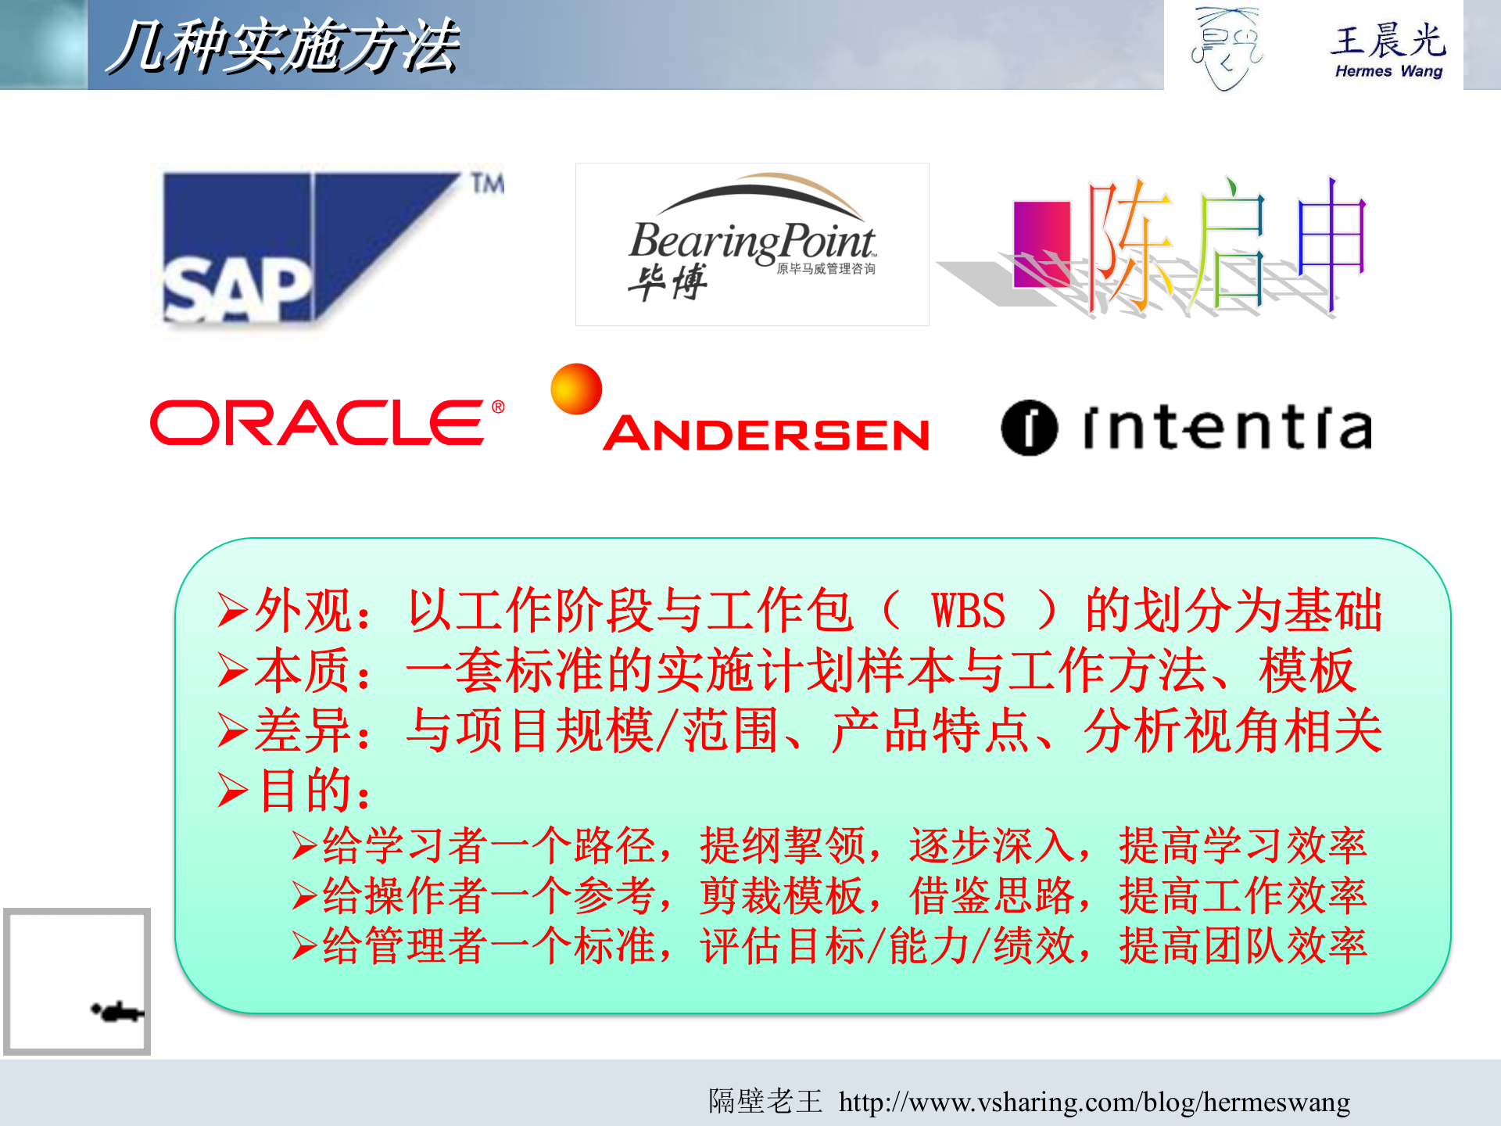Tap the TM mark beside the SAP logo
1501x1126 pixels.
click(x=487, y=184)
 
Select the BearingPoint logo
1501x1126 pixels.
click(x=752, y=244)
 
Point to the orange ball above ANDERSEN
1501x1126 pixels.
click(x=576, y=389)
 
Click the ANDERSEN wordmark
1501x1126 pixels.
click(x=767, y=434)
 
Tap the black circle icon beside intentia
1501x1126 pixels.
click(x=1029, y=428)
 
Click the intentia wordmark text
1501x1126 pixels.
click(x=1227, y=428)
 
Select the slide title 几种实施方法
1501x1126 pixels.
click(x=283, y=47)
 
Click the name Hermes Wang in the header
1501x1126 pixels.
click(x=1388, y=71)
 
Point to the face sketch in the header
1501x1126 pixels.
click(x=1226, y=47)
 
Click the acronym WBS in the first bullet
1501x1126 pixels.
click(x=968, y=611)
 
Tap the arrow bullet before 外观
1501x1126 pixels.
click(x=232, y=611)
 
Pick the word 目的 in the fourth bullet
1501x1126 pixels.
click(x=305, y=791)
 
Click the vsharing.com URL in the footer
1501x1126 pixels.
click(x=1094, y=1102)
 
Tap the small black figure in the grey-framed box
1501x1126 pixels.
click(x=117, y=1013)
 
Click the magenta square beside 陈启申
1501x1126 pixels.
click(x=1041, y=244)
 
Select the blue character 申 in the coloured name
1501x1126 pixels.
click(x=1331, y=244)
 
